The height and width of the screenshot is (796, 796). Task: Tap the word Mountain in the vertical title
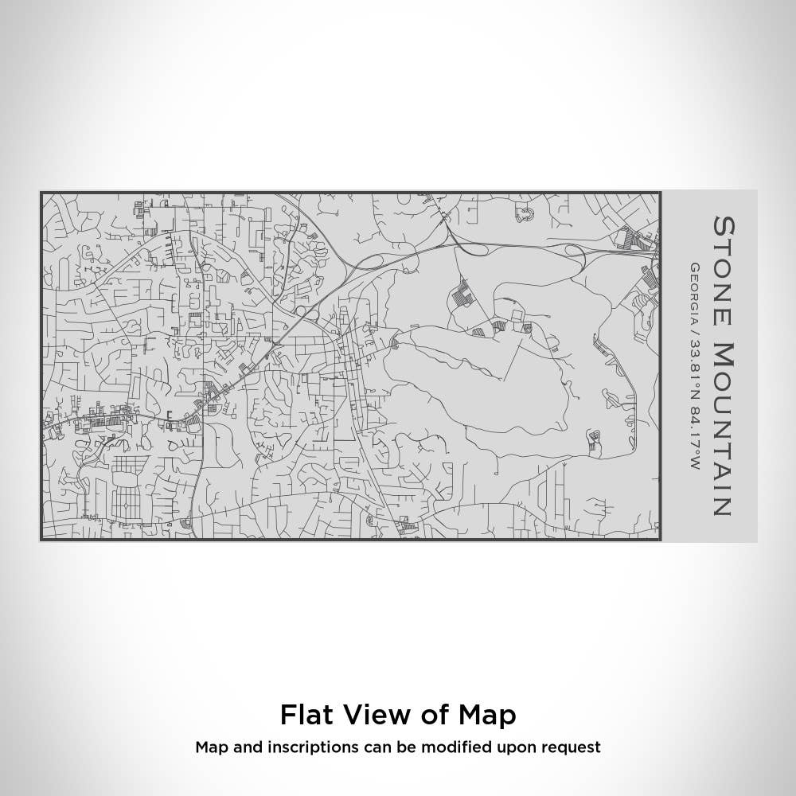pos(723,429)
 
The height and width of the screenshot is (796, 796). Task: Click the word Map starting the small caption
pos(210,747)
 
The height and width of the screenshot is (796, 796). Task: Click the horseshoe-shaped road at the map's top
pos(525,214)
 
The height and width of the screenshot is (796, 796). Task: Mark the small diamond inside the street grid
pos(125,507)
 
